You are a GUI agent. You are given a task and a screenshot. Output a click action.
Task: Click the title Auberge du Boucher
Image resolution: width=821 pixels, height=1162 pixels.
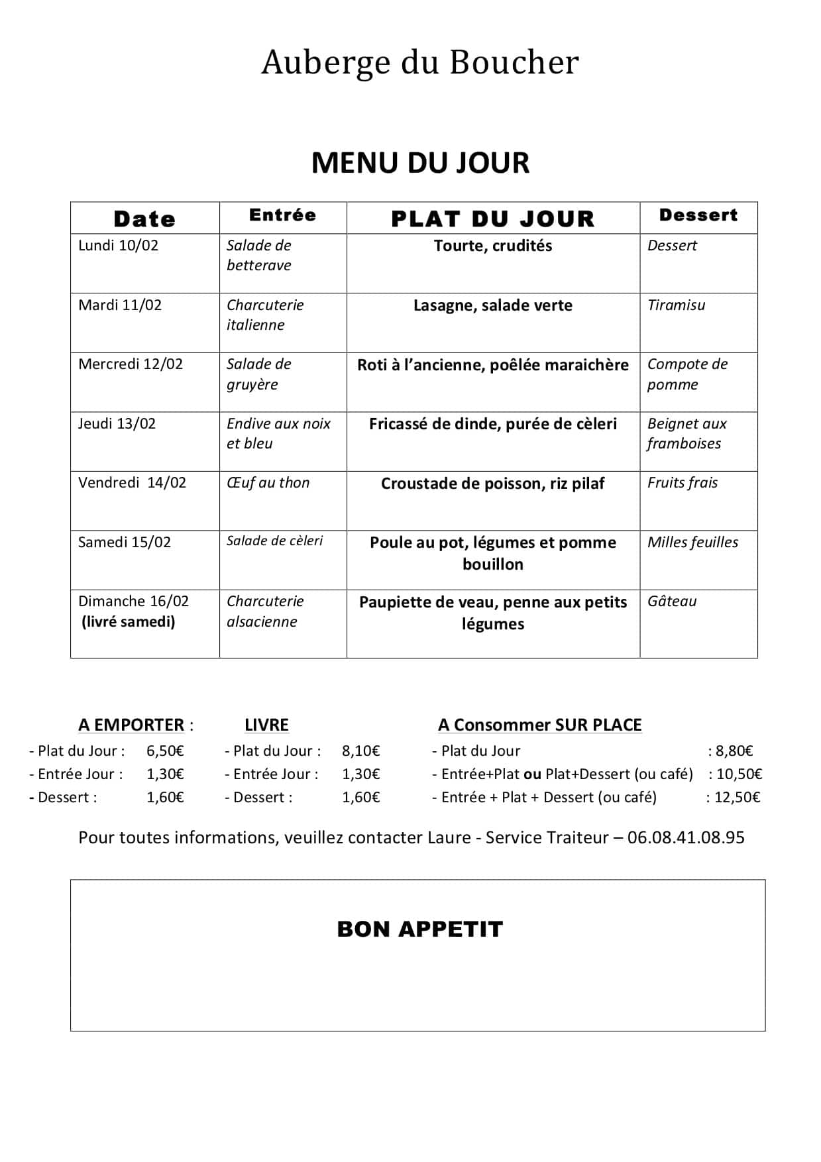[420, 62]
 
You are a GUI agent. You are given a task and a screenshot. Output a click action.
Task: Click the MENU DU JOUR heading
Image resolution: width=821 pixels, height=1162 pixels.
[420, 163]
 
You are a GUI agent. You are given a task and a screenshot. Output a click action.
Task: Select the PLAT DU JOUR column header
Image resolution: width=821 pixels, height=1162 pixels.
[493, 219]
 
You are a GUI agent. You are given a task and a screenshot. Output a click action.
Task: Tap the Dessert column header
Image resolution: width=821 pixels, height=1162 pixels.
[698, 215]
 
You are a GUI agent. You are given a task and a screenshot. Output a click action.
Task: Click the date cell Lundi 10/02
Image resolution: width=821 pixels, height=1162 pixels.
[119, 246]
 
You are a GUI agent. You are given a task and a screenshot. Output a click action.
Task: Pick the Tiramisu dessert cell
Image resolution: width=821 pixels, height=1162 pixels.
[676, 305]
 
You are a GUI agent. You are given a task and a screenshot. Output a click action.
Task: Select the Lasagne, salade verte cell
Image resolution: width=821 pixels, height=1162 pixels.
[493, 305]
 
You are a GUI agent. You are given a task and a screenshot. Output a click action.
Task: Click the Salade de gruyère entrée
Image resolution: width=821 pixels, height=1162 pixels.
[259, 374]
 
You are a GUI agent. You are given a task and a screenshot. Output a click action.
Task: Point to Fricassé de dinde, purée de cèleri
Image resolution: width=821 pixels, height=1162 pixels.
[493, 424]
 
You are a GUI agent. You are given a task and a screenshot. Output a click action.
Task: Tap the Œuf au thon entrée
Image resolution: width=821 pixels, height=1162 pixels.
[268, 483]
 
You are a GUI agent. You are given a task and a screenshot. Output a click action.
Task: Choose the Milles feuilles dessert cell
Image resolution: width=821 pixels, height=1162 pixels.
[692, 542]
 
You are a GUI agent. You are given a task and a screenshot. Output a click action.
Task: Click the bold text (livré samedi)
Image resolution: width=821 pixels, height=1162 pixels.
[129, 621]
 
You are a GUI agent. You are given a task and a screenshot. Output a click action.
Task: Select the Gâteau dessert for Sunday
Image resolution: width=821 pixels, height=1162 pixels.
[672, 602]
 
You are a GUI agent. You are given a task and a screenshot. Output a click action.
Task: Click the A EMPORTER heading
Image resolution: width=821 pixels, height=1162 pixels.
[131, 725]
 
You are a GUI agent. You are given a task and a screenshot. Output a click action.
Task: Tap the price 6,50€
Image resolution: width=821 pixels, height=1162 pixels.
[165, 751]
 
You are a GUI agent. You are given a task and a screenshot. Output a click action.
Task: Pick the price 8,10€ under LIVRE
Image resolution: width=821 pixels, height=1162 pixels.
[361, 751]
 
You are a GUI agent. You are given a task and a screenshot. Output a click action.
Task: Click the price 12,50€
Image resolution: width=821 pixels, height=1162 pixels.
[737, 797]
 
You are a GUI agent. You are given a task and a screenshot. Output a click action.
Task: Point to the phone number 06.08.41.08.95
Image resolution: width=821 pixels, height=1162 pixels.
[686, 837]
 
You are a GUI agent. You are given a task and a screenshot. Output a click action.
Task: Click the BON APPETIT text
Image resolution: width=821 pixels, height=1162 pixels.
[420, 929]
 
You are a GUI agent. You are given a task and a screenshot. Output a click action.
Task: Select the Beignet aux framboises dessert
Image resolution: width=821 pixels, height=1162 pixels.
[686, 434]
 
